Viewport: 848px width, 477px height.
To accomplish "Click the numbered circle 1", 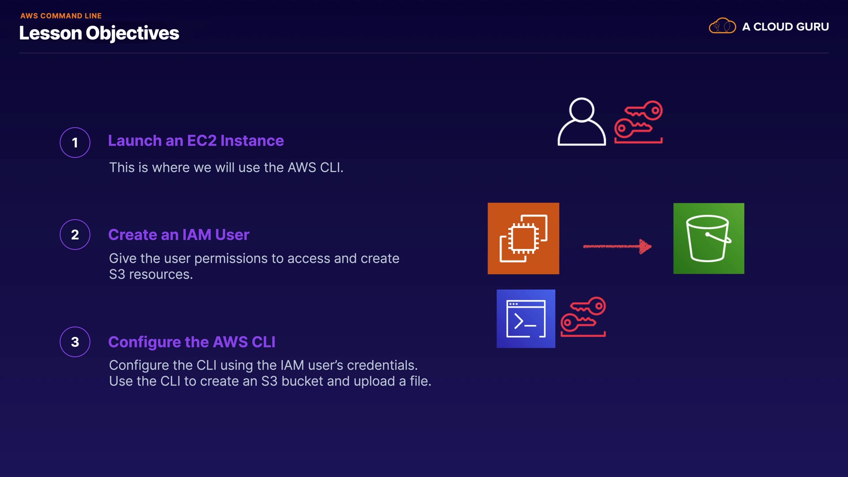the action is (75, 143).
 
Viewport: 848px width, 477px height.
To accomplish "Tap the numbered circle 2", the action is (75, 235).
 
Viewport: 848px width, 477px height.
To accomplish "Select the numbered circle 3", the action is (75, 342).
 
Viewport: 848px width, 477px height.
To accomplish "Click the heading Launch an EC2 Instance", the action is (196, 140).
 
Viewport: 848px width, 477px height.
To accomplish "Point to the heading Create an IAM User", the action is (179, 235).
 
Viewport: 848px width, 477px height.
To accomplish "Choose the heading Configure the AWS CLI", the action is (192, 342).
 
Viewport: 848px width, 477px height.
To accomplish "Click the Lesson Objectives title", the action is (99, 33).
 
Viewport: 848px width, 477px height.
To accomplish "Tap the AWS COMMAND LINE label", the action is (61, 16).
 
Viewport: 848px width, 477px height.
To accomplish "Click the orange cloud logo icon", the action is (722, 26).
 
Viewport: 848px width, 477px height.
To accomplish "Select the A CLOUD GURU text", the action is (785, 26).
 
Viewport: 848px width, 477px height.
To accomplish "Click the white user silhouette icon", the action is (582, 121).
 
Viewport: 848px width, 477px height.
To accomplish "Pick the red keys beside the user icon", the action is (639, 122).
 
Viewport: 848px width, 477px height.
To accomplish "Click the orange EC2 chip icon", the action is (523, 238).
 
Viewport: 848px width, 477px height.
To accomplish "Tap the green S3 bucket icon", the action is (709, 238).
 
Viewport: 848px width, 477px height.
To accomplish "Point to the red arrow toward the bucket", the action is (617, 246).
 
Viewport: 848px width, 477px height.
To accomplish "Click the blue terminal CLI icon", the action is (526, 319).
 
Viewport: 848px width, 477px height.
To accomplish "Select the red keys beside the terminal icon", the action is (583, 317).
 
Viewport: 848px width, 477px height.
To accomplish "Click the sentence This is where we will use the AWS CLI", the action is (226, 167).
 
